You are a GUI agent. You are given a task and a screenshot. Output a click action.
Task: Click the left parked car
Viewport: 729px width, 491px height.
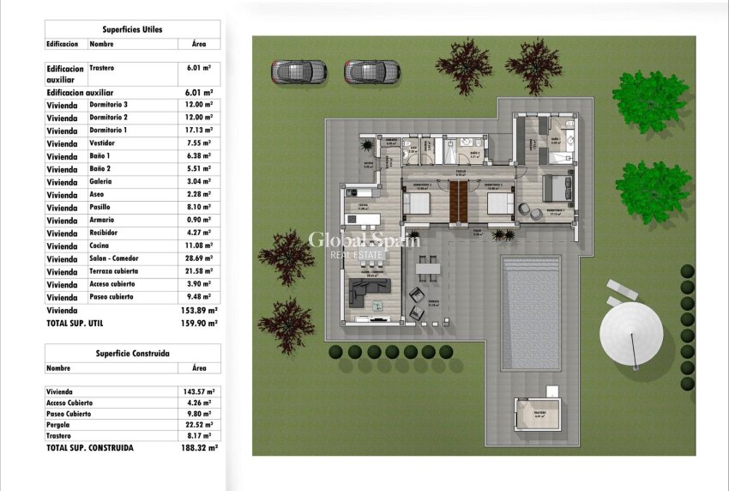click(298, 71)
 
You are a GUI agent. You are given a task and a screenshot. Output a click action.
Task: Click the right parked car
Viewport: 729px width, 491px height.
click(372, 71)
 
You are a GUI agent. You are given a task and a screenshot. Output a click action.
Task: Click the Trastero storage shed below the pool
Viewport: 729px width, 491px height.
click(537, 420)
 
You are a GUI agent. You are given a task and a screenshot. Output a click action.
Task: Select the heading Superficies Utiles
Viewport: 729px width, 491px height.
click(132, 29)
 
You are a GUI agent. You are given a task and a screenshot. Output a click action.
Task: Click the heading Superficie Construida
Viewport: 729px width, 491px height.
click(132, 353)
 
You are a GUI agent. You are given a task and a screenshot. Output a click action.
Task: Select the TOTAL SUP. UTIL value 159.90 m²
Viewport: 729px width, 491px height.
click(201, 324)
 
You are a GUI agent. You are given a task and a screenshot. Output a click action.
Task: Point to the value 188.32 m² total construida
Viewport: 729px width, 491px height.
click(201, 448)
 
